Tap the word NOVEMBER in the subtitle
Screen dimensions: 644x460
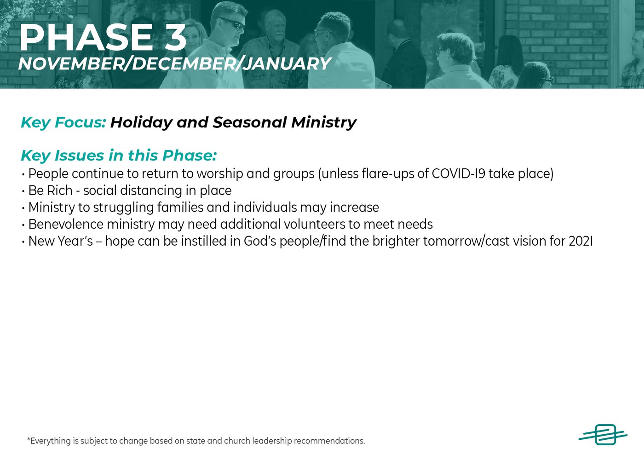[71, 63]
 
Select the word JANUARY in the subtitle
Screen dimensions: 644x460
[287, 63]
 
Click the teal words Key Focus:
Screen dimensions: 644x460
[63, 122]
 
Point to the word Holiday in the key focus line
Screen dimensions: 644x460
[141, 122]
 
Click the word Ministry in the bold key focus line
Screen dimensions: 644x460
[324, 122]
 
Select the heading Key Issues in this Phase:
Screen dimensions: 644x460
[119, 155]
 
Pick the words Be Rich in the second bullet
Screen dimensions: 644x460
[50, 190]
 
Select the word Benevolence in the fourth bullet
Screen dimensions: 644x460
[66, 224]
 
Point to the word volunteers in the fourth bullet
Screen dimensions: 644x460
[315, 224]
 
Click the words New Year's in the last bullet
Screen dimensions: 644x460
[61, 241]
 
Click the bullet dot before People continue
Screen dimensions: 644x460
[23, 174]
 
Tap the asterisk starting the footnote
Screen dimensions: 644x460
[29, 439]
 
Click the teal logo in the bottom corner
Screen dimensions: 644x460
[603, 435]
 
